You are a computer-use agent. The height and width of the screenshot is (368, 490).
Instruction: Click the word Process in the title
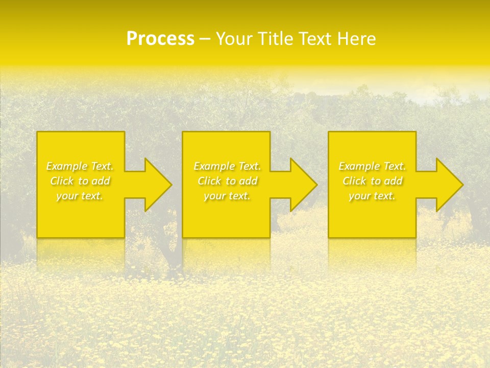tap(160, 39)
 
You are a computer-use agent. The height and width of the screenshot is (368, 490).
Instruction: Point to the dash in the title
tap(205, 39)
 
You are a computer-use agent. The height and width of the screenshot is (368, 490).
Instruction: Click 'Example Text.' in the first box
tap(80, 166)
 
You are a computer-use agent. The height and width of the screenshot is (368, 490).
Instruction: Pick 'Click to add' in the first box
tap(80, 181)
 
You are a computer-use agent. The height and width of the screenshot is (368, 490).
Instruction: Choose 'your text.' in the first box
tap(80, 196)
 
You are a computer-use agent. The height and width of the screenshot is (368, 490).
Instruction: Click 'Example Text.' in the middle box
tap(227, 166)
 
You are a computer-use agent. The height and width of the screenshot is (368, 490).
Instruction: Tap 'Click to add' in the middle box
tap(227, 181)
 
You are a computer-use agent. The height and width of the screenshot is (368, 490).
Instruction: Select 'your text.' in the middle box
tap(227, 196)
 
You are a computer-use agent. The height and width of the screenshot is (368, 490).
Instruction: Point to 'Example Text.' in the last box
tap(372, 166)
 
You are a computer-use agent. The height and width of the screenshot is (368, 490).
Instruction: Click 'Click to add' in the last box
tap(372, 181)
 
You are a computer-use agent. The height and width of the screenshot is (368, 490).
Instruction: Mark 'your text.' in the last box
tap(372, 196)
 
